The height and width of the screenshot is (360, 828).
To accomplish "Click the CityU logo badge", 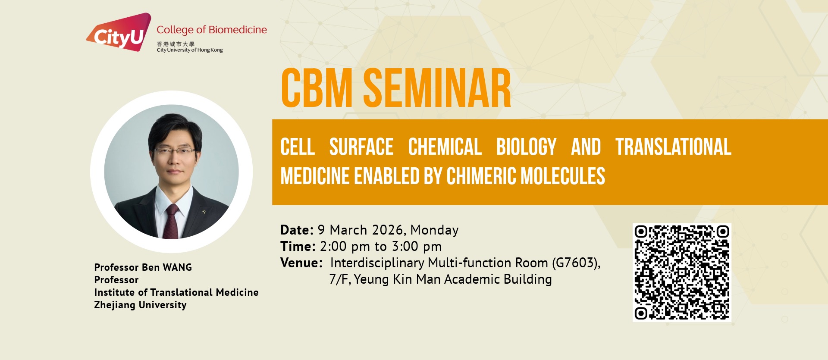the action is click(119, 32).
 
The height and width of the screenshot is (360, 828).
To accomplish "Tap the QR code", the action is click(682, 272).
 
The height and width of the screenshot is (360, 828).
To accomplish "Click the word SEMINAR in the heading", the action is click(437, 88).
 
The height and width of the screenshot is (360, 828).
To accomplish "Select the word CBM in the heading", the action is click(317, 88).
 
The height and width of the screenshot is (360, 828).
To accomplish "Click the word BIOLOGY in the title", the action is click(526, 147).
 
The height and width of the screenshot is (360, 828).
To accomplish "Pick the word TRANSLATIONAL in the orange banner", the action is click(673, 147).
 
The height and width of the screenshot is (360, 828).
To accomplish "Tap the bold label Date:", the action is click(297, 230).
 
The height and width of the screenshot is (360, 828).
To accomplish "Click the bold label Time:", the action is click(298, 246).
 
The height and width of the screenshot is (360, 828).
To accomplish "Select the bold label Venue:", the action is click(301, 263).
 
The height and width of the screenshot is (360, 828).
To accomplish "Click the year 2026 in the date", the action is click(388, 230).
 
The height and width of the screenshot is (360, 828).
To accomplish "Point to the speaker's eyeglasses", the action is click(175, 151).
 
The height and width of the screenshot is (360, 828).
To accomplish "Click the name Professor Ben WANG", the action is click(143, 267).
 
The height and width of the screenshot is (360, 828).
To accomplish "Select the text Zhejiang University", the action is click(141, 305).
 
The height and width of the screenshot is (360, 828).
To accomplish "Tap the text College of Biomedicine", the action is click(212, 30).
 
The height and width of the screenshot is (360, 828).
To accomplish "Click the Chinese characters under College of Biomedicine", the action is click(176, 44).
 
